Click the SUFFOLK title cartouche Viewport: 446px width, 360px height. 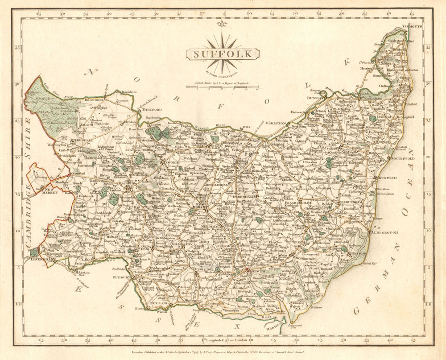pyautogui.click(x=223, y=54)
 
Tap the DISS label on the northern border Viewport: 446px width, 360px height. pyautogui.click(x=245, y=126)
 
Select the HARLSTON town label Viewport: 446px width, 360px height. pyautogui.click(x=276, y=122)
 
